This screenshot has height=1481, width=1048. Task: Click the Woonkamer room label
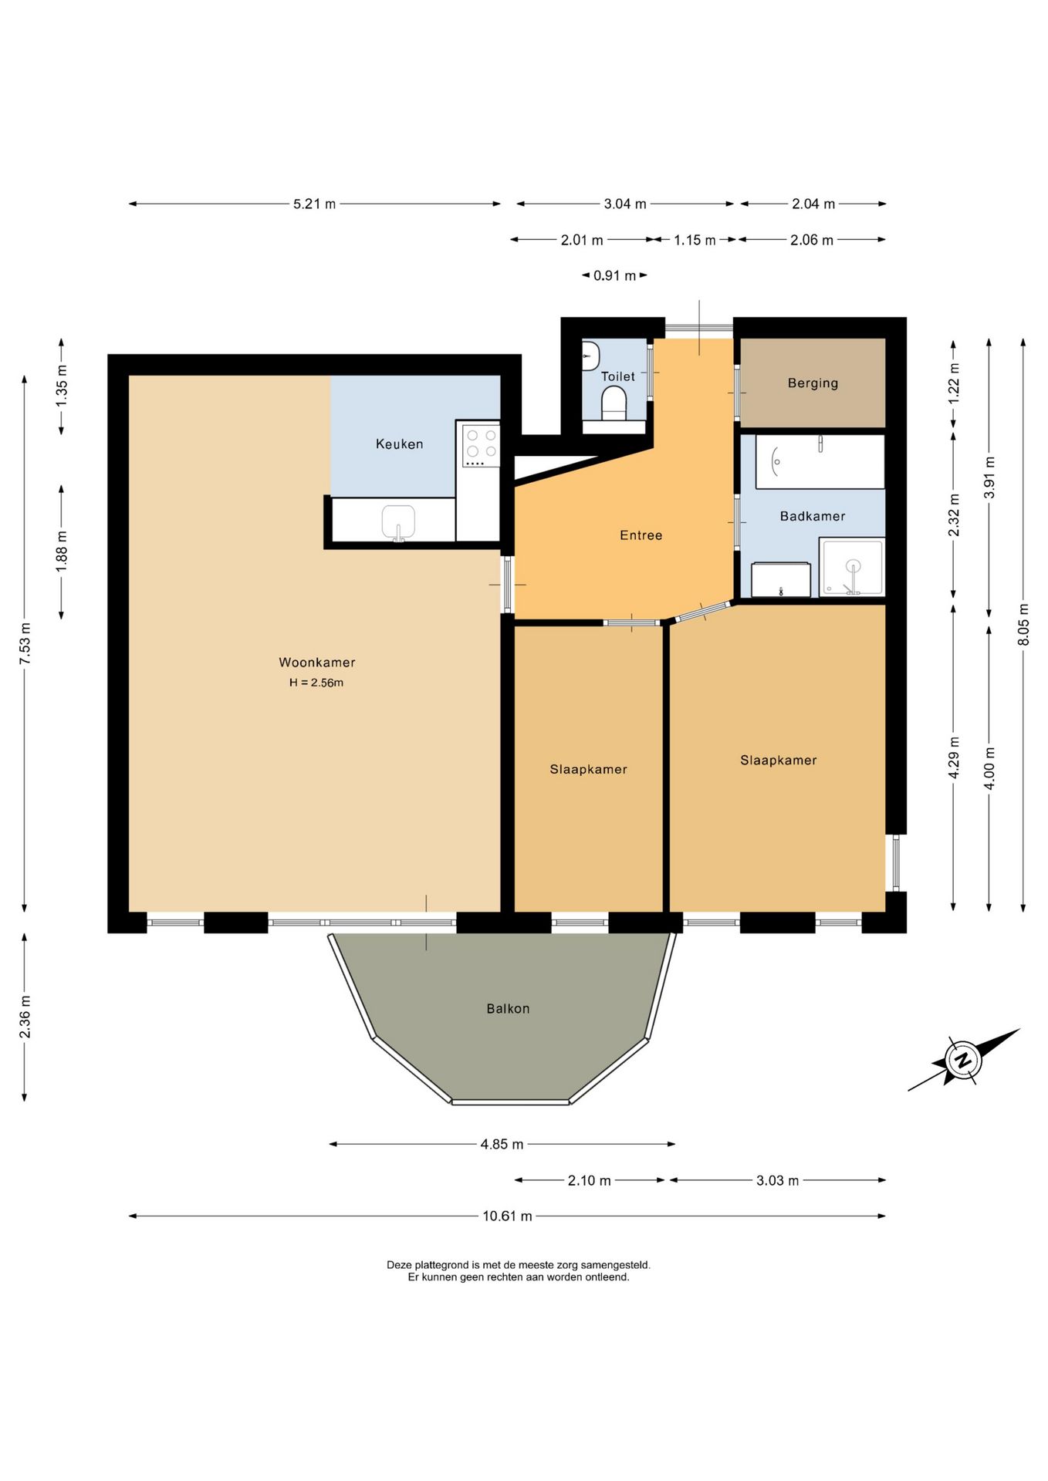pos(317,663)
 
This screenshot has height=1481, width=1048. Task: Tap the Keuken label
pos(400,444)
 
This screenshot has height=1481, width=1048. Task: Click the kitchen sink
pos(398,522)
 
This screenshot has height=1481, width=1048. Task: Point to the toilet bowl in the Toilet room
pos(614,403)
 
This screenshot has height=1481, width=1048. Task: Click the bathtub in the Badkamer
pos(820,461)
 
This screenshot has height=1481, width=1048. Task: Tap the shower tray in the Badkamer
pos(852,567)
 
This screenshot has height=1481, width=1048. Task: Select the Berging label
pos(813,383)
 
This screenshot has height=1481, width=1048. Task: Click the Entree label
pos(641,535)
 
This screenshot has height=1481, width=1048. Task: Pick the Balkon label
pos(508,1008)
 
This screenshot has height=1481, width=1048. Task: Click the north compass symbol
pos(963,1060)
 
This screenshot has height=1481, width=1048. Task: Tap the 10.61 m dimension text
pos(507,1216)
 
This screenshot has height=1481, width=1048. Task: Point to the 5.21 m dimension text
pos(314,204)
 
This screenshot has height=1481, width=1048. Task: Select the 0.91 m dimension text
pos(614,275)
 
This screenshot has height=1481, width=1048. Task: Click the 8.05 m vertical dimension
pos(1023,625)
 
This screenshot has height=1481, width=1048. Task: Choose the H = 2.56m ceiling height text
pos(316,683)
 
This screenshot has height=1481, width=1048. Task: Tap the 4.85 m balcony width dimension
pos(502,1144)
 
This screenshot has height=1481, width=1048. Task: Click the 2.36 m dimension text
pos(25,1017)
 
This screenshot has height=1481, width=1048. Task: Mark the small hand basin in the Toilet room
pos(590,355)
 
